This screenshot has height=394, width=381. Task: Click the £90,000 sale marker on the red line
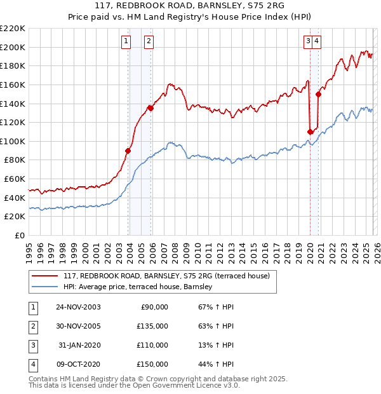pyautogui.click(x=128, y=151)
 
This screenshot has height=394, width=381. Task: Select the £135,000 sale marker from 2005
pyautogui.click(x=150, y=108)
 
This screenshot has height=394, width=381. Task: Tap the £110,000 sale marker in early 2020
pyautogui.click(x=310, y=132)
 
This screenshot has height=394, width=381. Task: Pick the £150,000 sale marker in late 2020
pyautogui.click(x=318, y=95)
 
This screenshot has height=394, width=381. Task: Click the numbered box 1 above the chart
pyautogui.click(x=126, y=42)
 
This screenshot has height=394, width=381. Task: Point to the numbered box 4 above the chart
pyautogui.click(x=316, y=42)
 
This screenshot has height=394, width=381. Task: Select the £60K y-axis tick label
pyautogui.click(x=15, y=179)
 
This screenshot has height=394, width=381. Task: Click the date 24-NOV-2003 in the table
pyautogui.click(x=78, y=307)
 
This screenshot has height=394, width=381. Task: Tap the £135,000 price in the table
pyautogui.click(x=153, y=326)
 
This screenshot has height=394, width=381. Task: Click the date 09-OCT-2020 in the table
pyautogui.click(x=78, y=364)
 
